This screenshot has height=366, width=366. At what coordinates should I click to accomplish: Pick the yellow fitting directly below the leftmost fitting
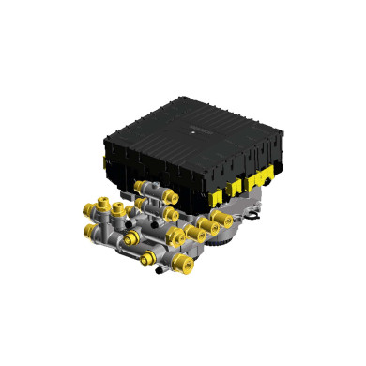click(87, 229)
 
